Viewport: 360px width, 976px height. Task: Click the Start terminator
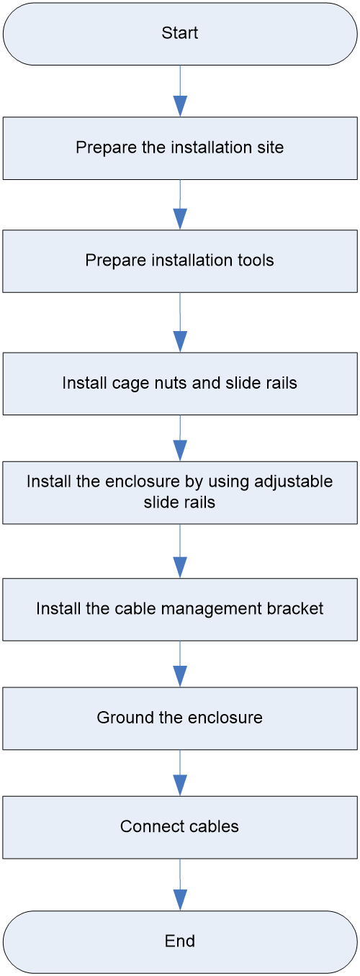click(180, 34)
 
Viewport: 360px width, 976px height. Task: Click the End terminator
click(180, 942)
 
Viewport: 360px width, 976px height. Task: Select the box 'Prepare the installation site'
click(180, 148)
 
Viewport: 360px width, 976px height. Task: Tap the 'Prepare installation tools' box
click(180, 261)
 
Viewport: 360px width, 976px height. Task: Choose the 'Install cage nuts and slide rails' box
click(180, 384)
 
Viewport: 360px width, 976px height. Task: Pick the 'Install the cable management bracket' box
click(180, 609)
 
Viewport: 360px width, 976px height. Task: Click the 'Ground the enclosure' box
click(180, 718)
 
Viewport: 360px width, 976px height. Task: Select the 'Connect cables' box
click(180, 828)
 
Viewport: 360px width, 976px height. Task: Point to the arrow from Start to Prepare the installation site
click(180, 91)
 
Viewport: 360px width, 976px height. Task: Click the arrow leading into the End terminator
click(180, 885)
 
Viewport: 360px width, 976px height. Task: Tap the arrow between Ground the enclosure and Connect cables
click(180, 773)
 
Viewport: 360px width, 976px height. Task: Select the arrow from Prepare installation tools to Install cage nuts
click(180, 322)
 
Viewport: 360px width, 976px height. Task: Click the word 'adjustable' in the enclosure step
click(293, 482)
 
